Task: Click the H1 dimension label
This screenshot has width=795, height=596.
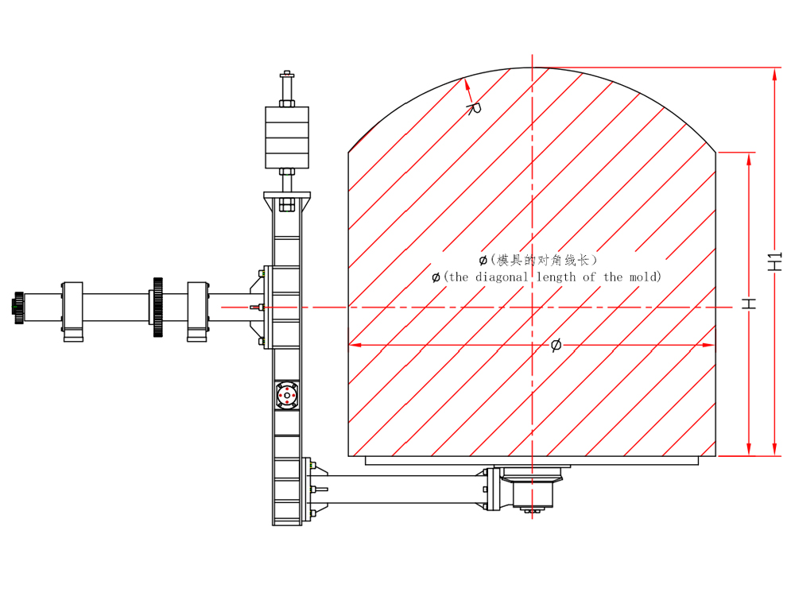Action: tap(774, 261)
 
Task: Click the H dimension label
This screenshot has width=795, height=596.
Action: tap(749, 304)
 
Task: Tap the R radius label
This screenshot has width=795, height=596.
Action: tap(475, 108)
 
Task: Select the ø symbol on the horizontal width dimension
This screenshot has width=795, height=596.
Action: tap(556, 345)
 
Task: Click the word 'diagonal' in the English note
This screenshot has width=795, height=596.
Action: tap(502, 277)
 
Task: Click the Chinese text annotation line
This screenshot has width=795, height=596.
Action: tap(538, 260)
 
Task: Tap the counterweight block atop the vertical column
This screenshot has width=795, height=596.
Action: tap(287, 137)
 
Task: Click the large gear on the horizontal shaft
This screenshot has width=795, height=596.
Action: tap(157, 307)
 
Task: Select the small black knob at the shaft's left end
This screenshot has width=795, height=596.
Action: tap(18, 307)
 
